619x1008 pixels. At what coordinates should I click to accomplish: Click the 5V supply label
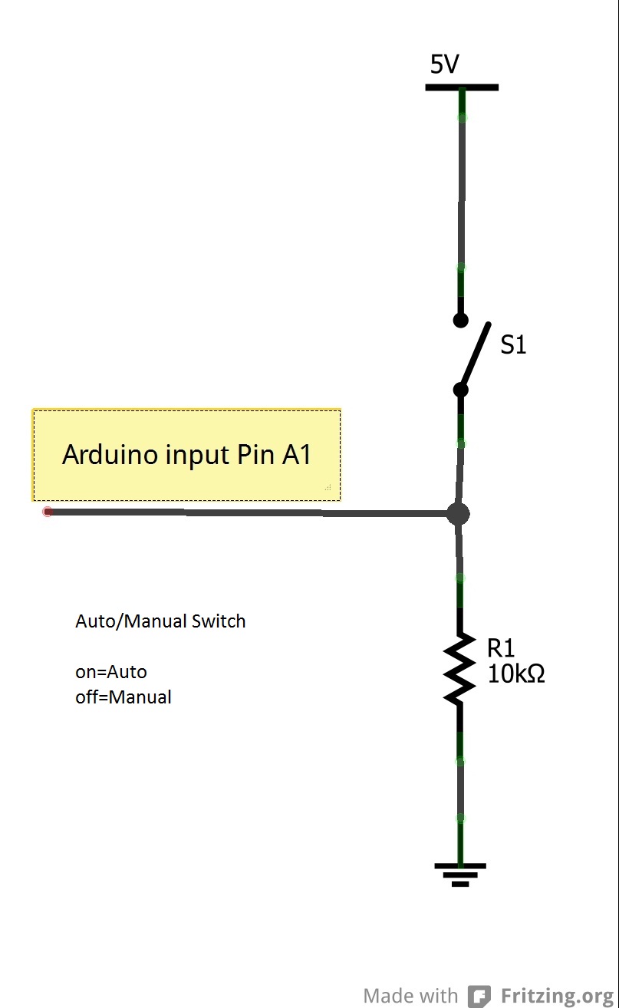click(444, 65)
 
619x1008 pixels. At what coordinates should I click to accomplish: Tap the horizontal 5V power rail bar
click(462, 87)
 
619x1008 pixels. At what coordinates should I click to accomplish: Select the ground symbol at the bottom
click(460, 873)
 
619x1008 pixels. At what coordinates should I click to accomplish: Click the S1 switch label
click(513, 346)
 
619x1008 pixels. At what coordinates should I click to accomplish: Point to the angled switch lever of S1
click(476, 354)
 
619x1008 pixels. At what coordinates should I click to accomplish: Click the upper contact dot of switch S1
click(460, 320)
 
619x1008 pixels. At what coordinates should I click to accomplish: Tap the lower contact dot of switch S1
click(460, 390)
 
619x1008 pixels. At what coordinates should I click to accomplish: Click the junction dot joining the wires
click(458, 514)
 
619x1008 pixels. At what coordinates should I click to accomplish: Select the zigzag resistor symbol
click(459, 669)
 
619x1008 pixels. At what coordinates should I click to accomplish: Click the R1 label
click(501, 648)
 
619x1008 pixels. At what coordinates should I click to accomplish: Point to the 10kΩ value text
click(515, 674)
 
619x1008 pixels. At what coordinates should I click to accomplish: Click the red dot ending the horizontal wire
click(48, 512)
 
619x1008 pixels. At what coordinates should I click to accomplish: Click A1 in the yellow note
click(297, 455)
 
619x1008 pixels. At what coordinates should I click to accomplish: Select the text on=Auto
click(111, 672)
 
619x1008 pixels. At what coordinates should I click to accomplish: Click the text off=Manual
click(123, 697)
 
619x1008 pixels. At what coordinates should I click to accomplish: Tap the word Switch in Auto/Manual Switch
click(219, 621)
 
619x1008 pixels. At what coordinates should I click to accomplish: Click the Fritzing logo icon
click(479, 996)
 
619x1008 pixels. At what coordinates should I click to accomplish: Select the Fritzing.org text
click(558, 996)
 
